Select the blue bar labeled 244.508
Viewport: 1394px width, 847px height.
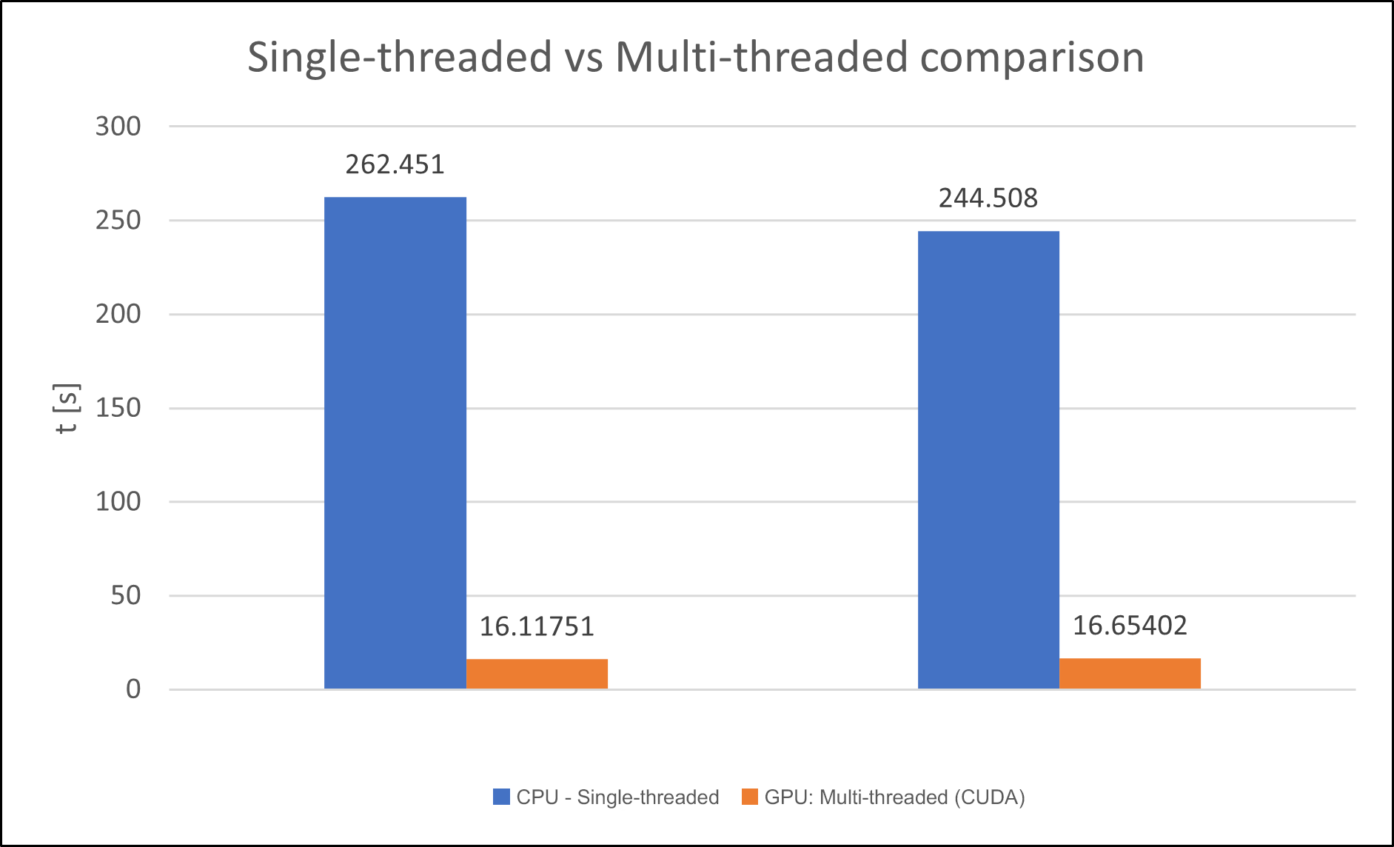pyautogui.click(x=988, y=460)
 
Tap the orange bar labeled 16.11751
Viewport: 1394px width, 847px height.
pyautogui.click(x=537, y=674)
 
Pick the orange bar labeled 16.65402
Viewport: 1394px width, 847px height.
pyautogui.click(x=1130, y=674)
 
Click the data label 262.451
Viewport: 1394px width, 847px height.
pyautogui.click(x=395, y=164)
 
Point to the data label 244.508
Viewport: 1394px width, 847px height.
pyautogui.click(x=988, y=198)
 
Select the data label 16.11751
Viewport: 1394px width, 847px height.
pyautogui.click(x=537, y=627)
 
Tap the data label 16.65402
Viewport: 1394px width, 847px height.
pyautogui.click(x=1130, y=626)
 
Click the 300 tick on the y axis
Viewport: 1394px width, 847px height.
pyautogui.click(x=118, y=127)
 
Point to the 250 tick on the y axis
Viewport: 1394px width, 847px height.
pyautogui.click(x=118, y=221)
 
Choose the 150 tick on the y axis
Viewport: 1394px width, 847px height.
pyautogui.click(x=118, y=408)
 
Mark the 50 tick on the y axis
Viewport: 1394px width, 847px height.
pyautogui.click(x=125, y=595)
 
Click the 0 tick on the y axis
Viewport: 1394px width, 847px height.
pyautogui.click(x=133, y=689)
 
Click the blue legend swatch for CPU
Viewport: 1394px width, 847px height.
pyautogui.click(x=501, y=797)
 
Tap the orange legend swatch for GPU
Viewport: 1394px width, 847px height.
pyautogui.click(x=749, y=797)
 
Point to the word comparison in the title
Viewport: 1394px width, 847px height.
pyautogui.click(x=1032, y=58)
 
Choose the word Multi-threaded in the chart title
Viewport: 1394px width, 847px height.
pyautogui.click(x=761, y=58)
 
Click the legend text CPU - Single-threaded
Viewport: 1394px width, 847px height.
pyautogui.click(x=617, y=797)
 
